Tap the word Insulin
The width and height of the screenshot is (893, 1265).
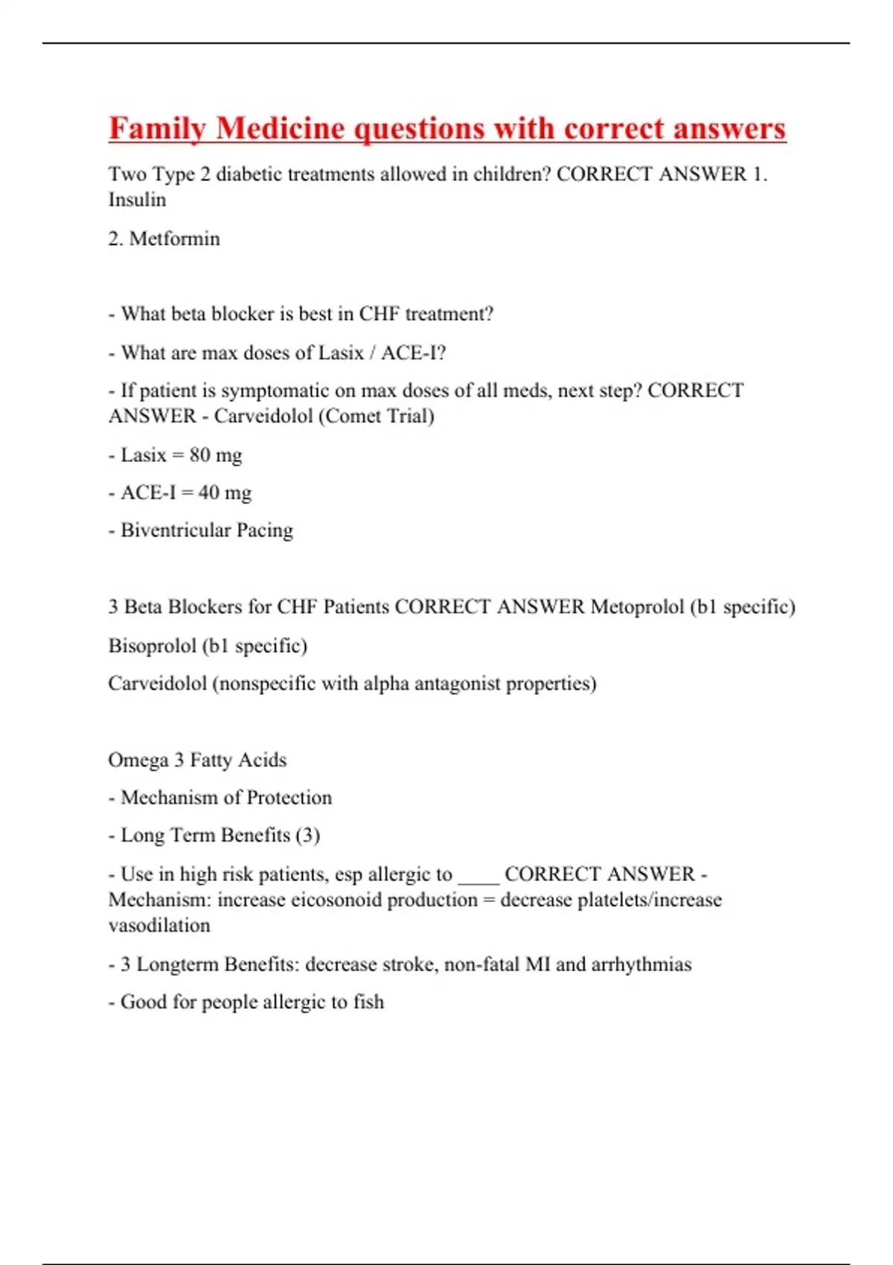tap(137, 200)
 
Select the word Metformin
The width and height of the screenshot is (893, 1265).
tap(175, 239)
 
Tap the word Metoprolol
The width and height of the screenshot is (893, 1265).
tap(638, 607)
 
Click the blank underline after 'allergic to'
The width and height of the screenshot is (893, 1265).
tap(478, 875)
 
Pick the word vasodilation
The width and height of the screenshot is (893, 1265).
tap(159, 926)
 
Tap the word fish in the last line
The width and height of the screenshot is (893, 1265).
tap(368, 1002)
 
